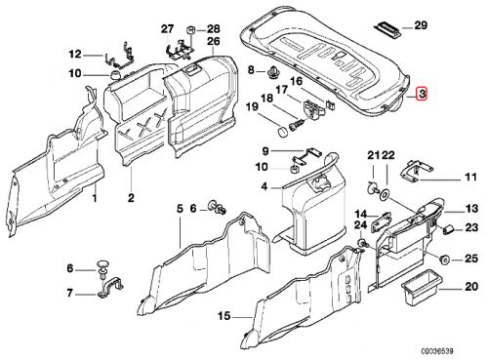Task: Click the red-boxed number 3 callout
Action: click(422, 95)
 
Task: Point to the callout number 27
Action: click(166, 26)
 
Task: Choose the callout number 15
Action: click(224, 316)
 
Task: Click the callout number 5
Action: click(180, 208)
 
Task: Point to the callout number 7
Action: click(69, 293)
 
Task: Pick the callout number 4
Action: click(264, 185)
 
